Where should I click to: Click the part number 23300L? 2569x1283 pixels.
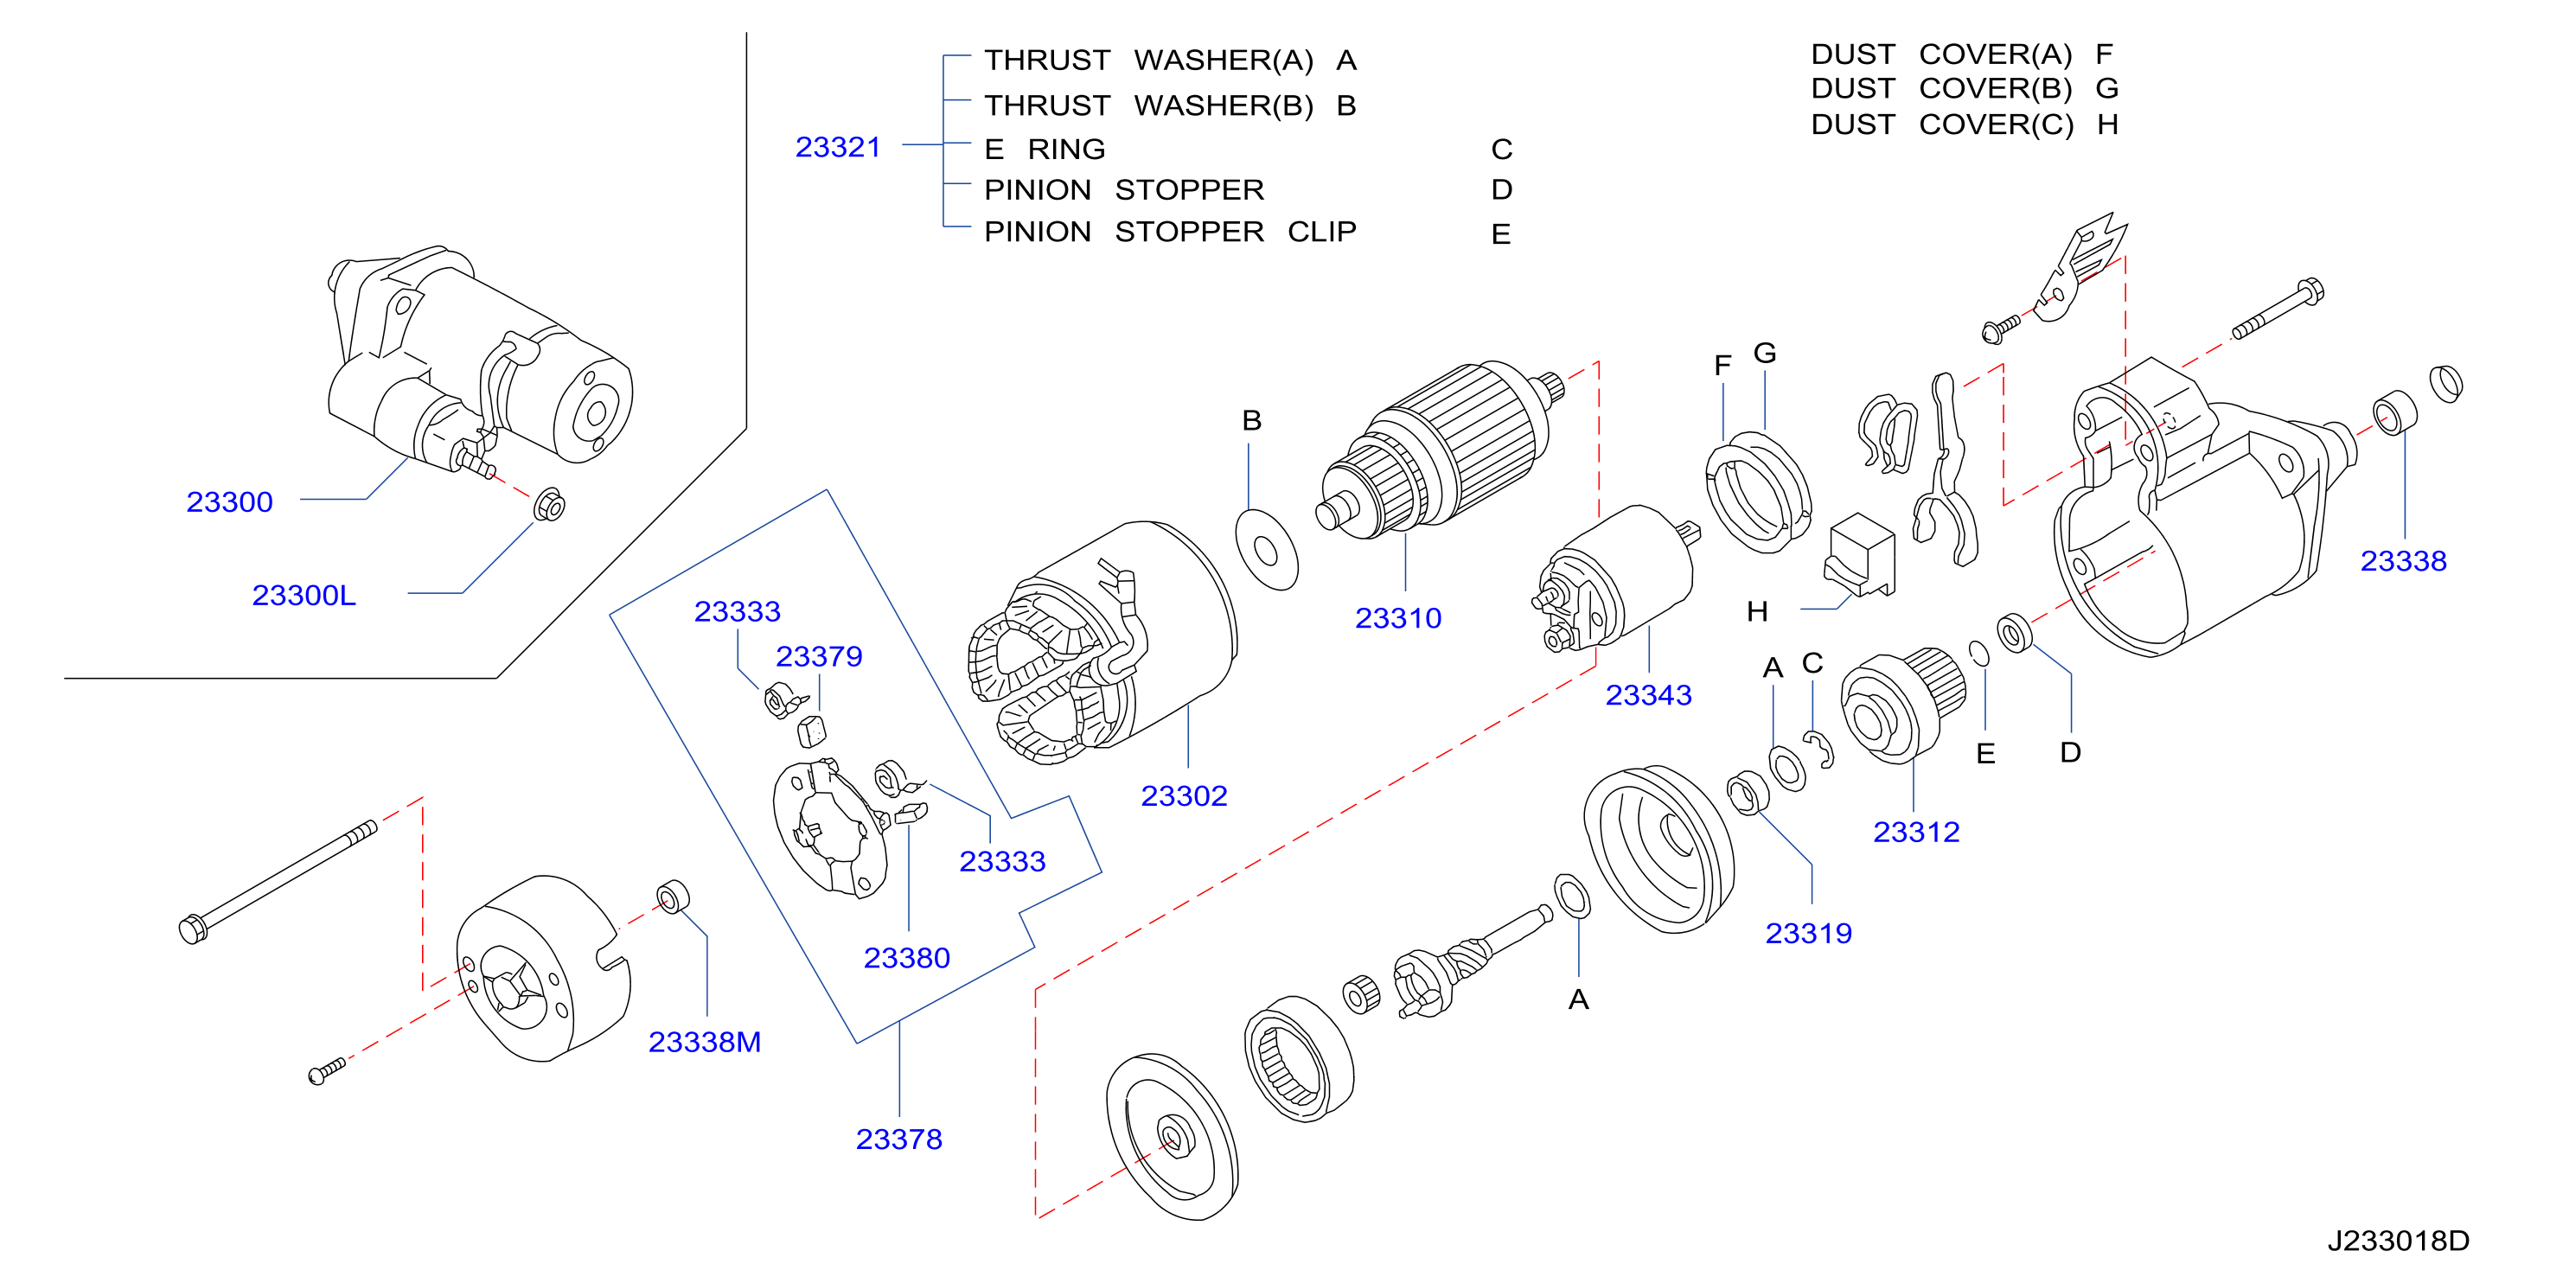pyautogui.click(x=304, y=595)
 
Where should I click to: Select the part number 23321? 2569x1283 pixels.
pyautogui.click(x=838, y=148)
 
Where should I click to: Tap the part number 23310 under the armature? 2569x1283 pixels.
pyautogui.click(x=1398, y=618)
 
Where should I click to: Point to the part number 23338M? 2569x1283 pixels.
pyautogui.click(x=704, y=1042)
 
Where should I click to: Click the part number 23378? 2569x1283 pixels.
pyautogui.click(x=898, y=1139)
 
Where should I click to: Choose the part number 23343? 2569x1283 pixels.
pyautogui.click(x=1648, y=695)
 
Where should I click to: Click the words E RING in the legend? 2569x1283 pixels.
pyautogui.click(x=1045, y=150)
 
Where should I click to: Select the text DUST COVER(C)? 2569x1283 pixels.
pyautogui.click(x=1942, y=124)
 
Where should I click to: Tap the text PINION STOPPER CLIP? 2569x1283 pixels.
pyautogui.click(x=1170, y=232)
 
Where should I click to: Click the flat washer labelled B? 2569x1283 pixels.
pyautogui.click(x=1267, y=549)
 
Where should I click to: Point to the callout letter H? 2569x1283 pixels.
pyautogui.click(x=1757, y=611)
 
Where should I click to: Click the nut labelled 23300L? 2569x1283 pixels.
pyautogui.click(x=549, y=504)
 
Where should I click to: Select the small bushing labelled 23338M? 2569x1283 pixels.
pyautogui.click(x=674, y=897)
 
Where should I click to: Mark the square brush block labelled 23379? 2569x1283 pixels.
pyautogui.click(x=812, y=731)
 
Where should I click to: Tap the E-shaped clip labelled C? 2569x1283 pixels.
pyautogui.click(x=1820, y=750)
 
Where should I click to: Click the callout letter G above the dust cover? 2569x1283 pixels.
pyautogui.click(x=1764, y=353)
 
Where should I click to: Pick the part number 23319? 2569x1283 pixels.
pyautogui.click(x=1808, y=933)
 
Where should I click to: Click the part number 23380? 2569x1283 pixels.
pyautogui.click(x=906, y=958)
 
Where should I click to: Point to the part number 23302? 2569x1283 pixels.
pyautogui.click(x=1184, y=795)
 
